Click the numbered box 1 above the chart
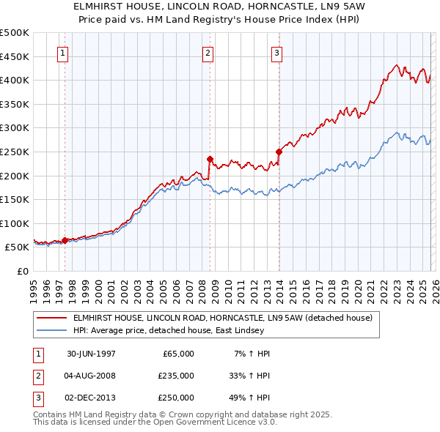tap(63, 53)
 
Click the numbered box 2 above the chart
tap(208, 53)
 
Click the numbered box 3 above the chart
tap(276, 53)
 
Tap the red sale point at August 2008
tap(210, 158)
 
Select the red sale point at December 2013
tap(279, 152)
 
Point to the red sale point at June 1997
tap(65, 240)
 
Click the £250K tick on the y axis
tap(15, 152)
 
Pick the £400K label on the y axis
tap(15, 80)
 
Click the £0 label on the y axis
tap(22, 272)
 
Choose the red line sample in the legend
tap(51, 318)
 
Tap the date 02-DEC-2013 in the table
tap(92, 398)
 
